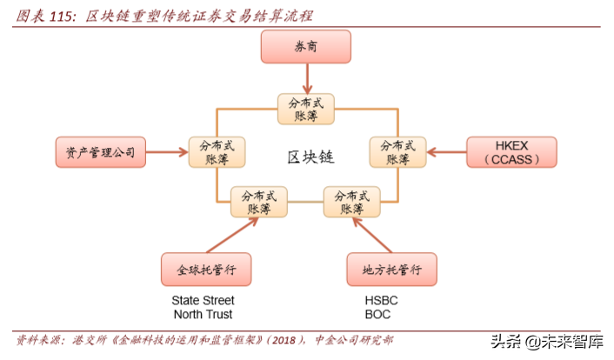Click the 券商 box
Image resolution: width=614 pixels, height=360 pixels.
[x=306, y=47]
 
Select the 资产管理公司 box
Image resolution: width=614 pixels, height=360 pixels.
[x=100, y=151]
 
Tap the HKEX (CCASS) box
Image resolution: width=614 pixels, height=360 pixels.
[x=511, y=151]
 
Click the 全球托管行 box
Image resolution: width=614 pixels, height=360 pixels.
[x=207, y=270]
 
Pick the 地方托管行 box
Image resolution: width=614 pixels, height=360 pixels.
[x=391, y=270]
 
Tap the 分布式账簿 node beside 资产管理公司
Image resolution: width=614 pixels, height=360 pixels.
[x=217, y=152]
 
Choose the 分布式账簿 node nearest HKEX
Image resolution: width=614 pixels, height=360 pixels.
[x=397, y=152]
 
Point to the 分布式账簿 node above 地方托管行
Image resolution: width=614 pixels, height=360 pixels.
[x=351, y=202]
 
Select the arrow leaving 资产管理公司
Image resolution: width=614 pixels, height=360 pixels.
[x=166, y=152]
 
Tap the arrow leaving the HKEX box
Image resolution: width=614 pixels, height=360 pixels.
[x=445, y=152]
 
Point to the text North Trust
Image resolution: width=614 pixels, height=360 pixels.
[x=203, y=314]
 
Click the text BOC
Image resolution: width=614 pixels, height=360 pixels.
[x=377, y=314]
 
